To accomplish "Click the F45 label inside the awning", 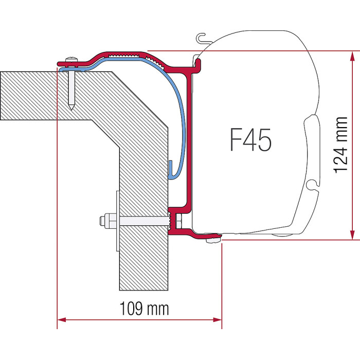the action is click(250, 139).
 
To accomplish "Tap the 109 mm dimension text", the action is click(145, 309).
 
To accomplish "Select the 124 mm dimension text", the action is click(340, 145).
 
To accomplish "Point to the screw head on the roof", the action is click(71, 60).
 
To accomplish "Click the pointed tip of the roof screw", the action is click(71, 109).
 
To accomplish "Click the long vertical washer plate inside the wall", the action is click(118, 221).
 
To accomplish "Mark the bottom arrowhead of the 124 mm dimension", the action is click(352, 235).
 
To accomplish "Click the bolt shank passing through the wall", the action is click(144, 221).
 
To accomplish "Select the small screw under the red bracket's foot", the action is click(213, 240).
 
